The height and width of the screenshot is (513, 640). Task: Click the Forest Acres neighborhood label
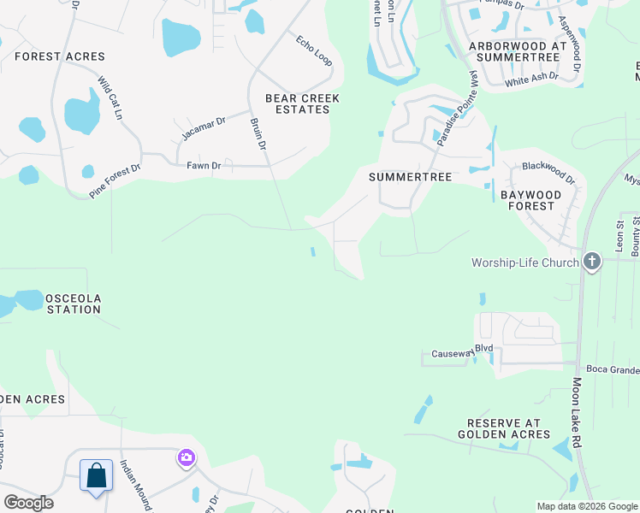point(60,56)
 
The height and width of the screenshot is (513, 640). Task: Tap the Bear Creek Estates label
point(303,104)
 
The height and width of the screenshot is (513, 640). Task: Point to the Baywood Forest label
point(531,201)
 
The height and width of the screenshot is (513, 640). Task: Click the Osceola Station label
point(74,304)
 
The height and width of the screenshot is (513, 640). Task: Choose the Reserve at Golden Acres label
point(508,429)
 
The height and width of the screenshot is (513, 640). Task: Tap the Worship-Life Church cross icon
point(591,262)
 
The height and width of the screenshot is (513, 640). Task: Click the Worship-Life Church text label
point(524,262)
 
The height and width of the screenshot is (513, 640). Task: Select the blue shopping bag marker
point(96,475)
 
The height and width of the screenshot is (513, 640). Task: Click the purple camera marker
point(186,459)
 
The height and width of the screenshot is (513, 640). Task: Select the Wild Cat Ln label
point(110,97)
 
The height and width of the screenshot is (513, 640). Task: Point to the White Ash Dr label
point(531,79)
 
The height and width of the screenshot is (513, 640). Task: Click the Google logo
point(28,503)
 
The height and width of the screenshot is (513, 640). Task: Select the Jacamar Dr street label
point(203,129)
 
